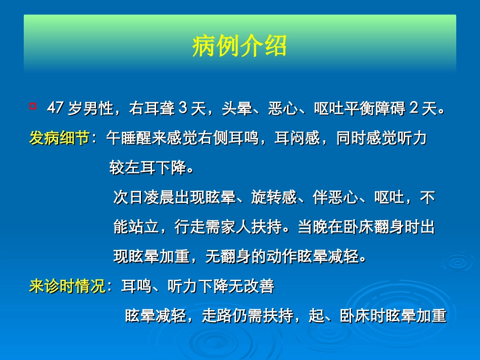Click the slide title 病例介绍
point(239,46)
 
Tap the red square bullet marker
point(33,106)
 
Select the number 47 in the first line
point(55,109)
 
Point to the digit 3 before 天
point(183,109)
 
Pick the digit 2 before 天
point(413,109)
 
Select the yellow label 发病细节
point(59,139)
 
